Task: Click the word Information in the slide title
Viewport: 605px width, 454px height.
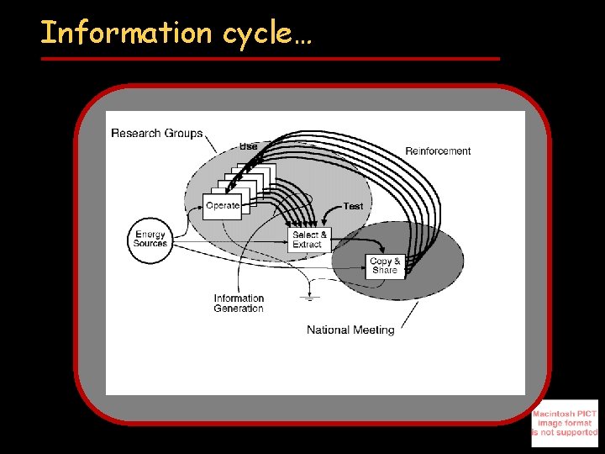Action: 126,33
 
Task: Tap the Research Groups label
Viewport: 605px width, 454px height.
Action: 157,133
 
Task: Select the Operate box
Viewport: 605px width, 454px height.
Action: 222,206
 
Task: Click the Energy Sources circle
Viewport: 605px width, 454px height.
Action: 150,239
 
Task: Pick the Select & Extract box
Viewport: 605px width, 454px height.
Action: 307,240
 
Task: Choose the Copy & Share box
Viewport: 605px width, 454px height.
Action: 385,266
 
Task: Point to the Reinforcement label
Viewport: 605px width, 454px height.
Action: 438,151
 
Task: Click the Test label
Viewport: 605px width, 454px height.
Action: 353,206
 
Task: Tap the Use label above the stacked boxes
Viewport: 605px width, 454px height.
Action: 249,146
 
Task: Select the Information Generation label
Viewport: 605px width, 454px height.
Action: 239,304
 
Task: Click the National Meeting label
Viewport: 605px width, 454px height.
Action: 350,330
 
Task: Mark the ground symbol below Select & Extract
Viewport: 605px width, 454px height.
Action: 310,297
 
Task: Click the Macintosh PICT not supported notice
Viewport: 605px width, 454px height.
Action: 564,423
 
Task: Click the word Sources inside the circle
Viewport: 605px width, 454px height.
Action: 150,244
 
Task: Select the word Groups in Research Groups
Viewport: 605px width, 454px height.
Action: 184,133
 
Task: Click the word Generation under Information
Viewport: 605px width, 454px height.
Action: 239,309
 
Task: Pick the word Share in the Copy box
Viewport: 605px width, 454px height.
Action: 385,271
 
